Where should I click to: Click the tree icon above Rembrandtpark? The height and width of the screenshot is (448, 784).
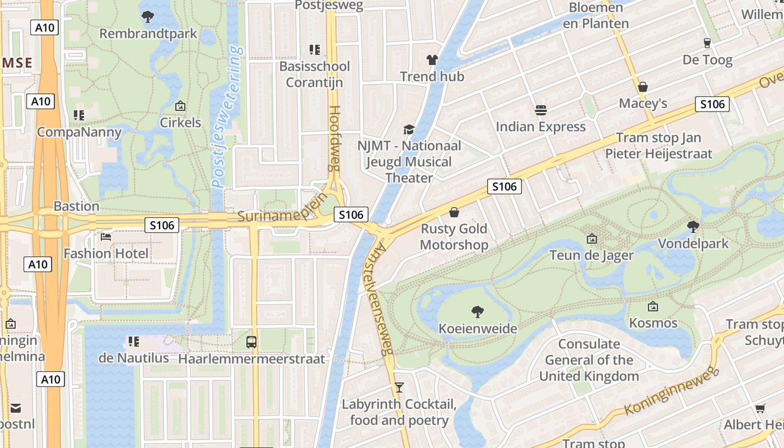pyautogui.click(x=148, y=17)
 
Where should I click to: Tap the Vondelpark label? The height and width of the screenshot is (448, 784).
pyautogui.click(x=693, y=244)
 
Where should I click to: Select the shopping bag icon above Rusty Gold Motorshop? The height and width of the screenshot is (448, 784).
pyautogui.click(x=454, y=212)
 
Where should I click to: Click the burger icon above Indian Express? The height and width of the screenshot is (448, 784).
pyautogui.click(x=540, y=110)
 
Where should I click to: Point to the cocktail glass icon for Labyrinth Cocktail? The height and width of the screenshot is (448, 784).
pyautogui.click(x=399, y=387)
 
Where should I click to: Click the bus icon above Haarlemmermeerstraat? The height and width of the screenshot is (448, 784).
pyautogui.click(x=251, y=342)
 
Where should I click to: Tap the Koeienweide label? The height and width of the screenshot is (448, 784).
pyautogui.click(x=478, y=328)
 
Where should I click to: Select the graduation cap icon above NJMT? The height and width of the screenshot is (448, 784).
pyautogui.click(x=409, y=129)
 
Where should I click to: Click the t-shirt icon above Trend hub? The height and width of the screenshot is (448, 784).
pyautogui.click(x=432, y=59)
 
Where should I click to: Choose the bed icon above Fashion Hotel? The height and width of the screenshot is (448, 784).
pyautogui.click(x=106, y=237)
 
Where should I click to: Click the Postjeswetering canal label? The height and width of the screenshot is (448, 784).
pyautogui.click(x=228, y=116)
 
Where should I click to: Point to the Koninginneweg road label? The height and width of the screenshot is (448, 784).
pyautogui.click(x=670, y=391)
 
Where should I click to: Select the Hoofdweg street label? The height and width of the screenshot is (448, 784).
pyautogui.click(x=334, y=138)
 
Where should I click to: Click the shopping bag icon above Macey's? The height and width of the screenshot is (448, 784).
pyautogui.click(x=643, y=87)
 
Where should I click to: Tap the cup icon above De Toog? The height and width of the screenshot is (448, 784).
pyautogui.click(x=707, y=43)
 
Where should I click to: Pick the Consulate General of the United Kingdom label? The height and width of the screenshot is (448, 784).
pyautogui.click(x=589, y=360)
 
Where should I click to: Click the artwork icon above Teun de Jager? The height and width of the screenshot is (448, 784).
pyautogui.click(x=591, y=239)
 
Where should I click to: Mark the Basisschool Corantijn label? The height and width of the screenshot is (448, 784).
pyautogui.click(x=314, y=74)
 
